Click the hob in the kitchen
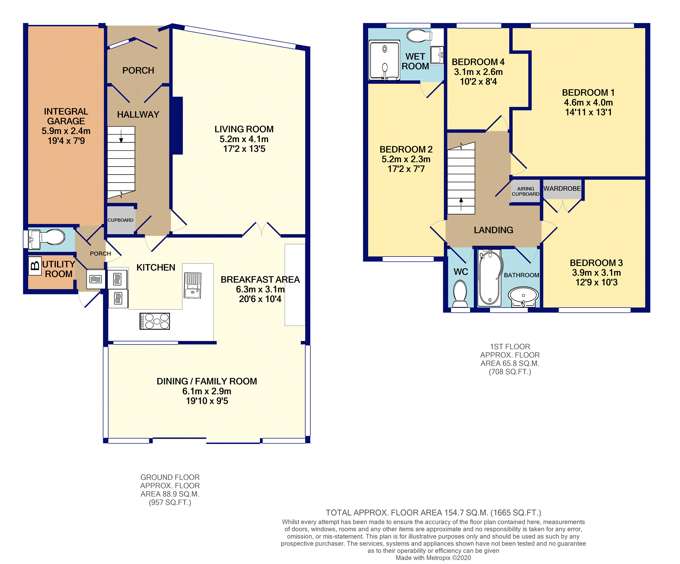(155, 321)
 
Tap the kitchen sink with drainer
(193, 285)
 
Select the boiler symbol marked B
(35, 266)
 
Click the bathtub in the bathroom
(489, 278)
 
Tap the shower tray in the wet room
(384, 60)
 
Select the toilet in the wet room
(420, 36)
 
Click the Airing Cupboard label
(526, 191)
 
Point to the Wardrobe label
(562, 189)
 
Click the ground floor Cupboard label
(121, 220)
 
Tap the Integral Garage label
(66, 116)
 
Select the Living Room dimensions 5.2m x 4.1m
(244, 139)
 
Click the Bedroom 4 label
(478, 62)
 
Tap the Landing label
(494, 230)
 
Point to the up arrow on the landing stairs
(461, 204)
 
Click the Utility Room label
(59, 269)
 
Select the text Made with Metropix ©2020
(433, 558)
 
